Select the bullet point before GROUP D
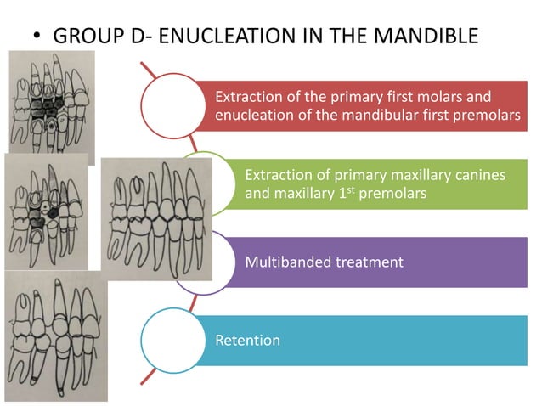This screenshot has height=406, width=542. point(36,38)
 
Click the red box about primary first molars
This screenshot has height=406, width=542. point(365,106)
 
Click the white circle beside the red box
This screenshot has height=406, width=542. point(170,104)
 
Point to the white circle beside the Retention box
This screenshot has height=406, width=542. point(170,340)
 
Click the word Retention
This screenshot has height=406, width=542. point(247,341)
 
